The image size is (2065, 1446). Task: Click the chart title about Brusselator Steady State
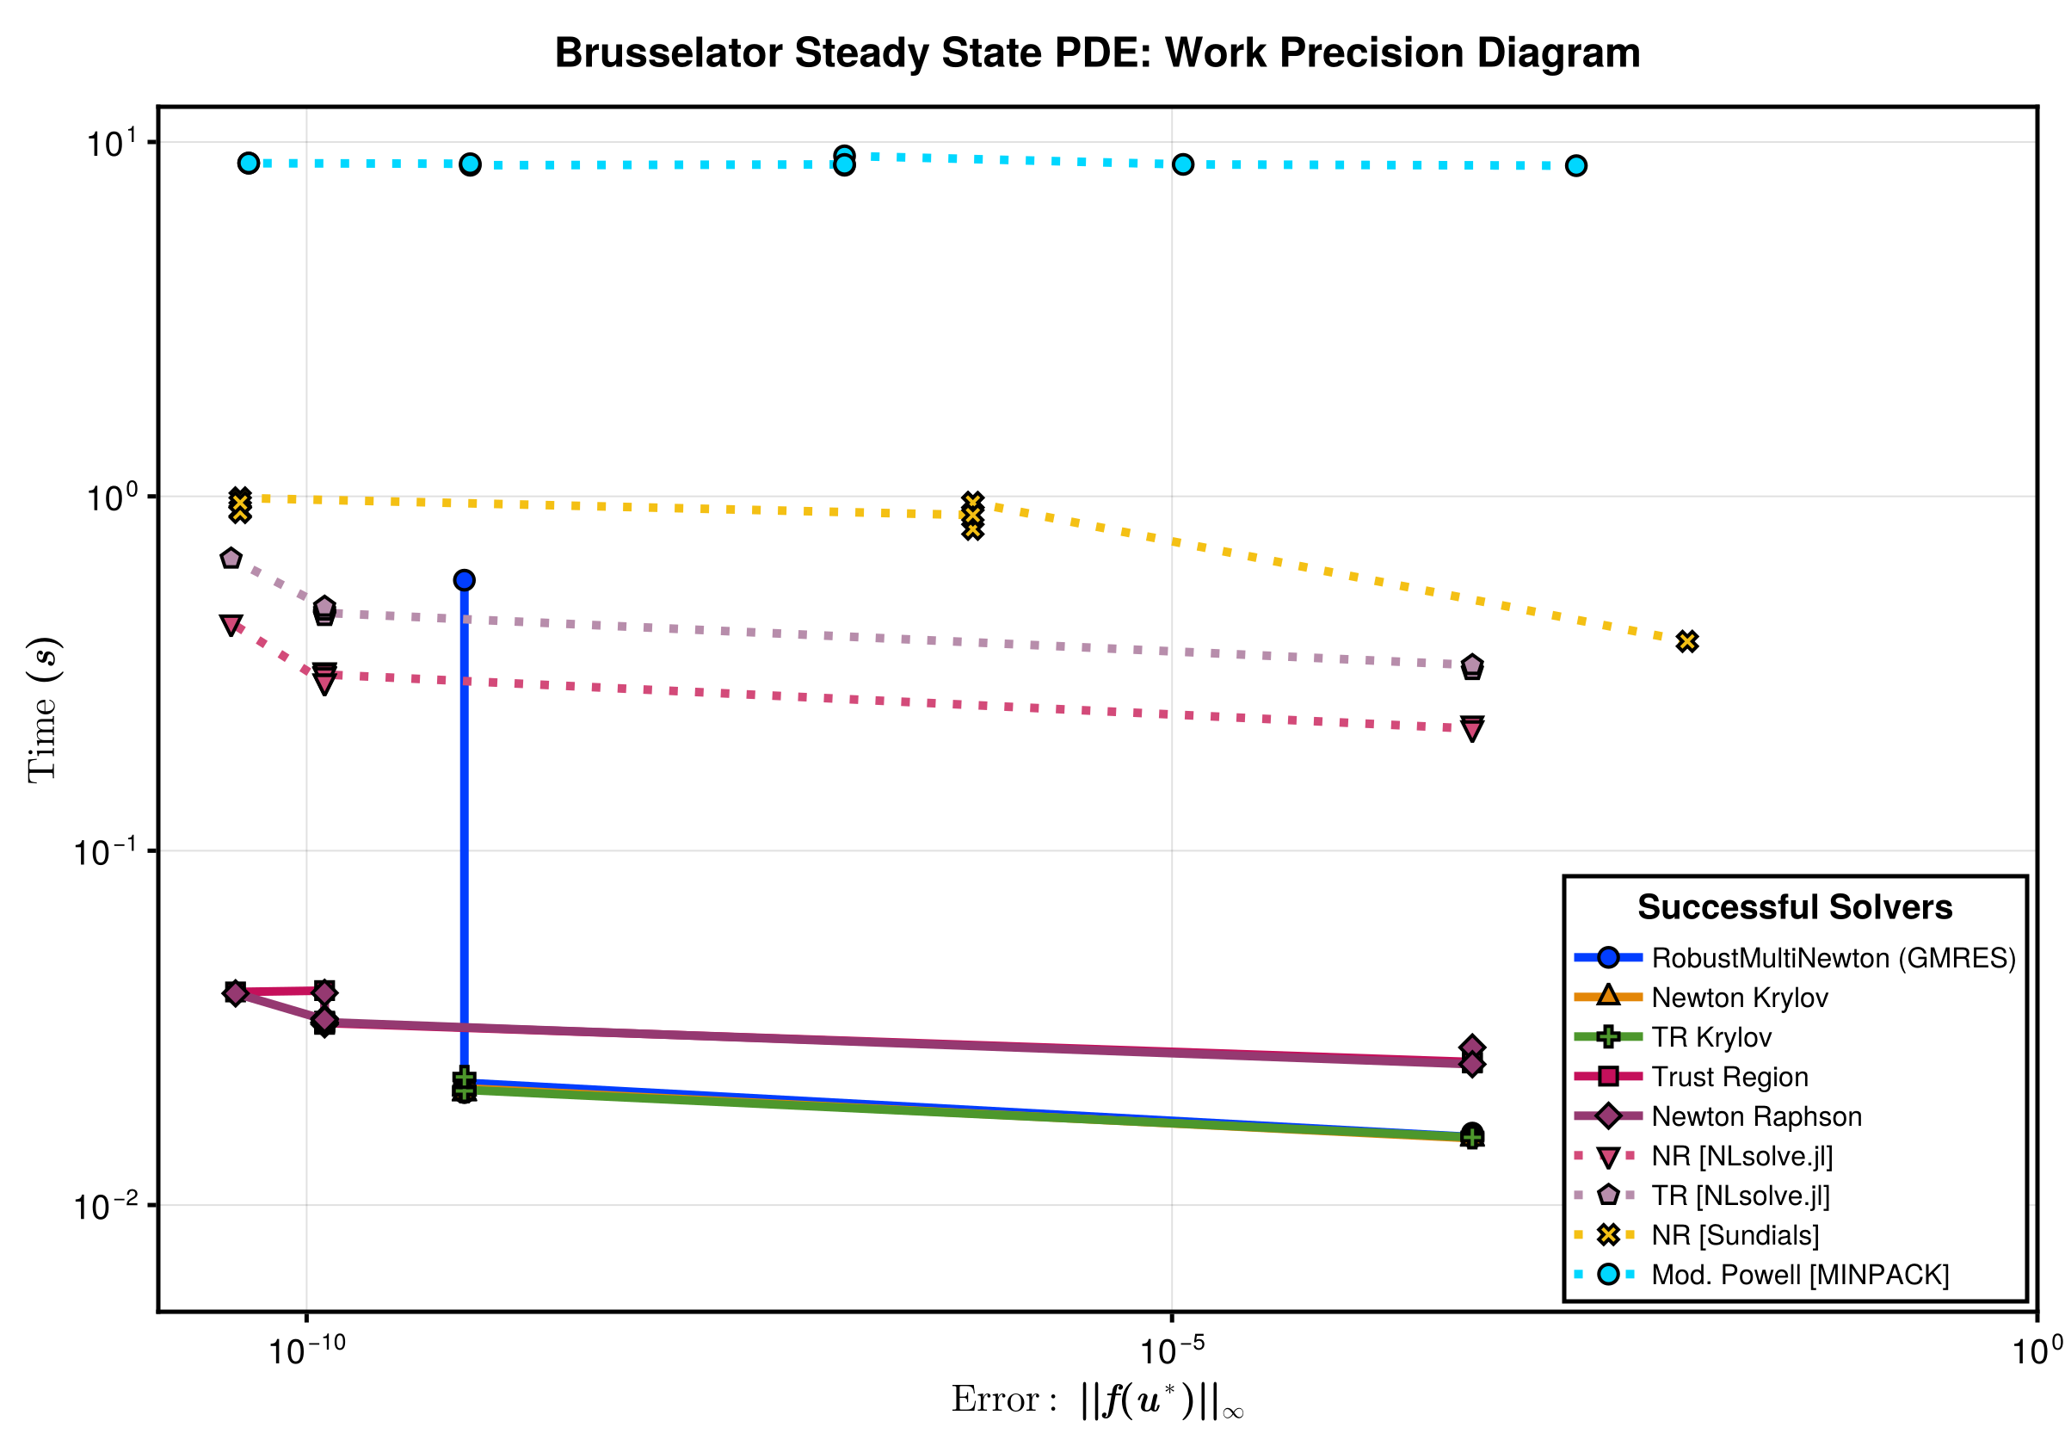pos(1097,53)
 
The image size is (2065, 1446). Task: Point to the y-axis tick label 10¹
pos(110,143)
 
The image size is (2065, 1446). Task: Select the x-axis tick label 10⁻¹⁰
pos(306,1350)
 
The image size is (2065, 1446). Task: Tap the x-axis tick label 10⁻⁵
pos(1171,1350)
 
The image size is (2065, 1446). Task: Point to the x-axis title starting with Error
pos(1097,1401)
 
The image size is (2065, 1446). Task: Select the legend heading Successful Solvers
pos(1794,907)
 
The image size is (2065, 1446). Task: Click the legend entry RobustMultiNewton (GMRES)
pos(1833,957)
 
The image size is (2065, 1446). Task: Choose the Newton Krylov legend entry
pos(1740,997)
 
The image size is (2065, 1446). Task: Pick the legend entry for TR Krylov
pos(1711,1036)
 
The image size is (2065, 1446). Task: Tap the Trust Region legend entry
pos(1729,1076)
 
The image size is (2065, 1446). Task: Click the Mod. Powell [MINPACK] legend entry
pos(1800,1274)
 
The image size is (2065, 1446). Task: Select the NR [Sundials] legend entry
pos(1735,1234)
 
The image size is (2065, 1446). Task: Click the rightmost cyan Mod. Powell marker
pos(1575,165)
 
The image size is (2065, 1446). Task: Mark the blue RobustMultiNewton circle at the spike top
pos(464,580)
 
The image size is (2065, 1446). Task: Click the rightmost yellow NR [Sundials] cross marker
pos(1687,641)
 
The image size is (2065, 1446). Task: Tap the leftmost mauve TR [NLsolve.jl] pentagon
pos(231,559)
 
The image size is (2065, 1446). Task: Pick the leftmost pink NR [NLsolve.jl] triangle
pos(231,626)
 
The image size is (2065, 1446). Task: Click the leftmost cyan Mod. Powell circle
pos(250,163)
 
